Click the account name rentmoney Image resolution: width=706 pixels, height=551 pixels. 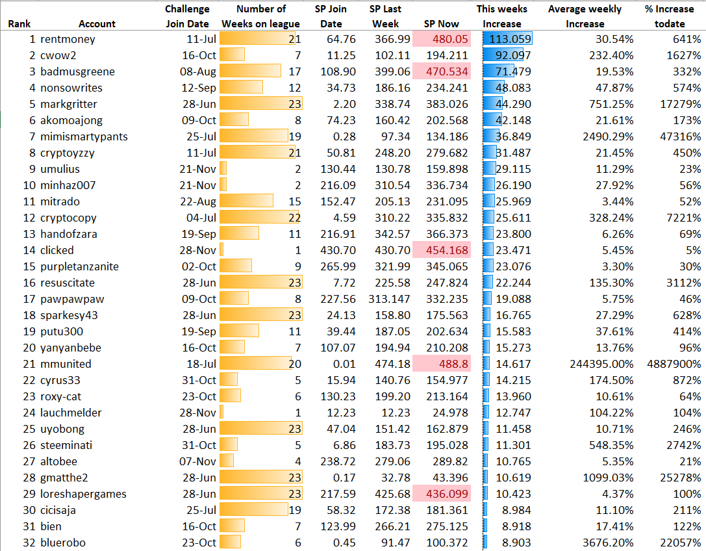[68, 39]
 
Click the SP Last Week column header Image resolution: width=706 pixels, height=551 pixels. [385, 17]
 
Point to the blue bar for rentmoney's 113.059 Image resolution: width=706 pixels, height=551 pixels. [507, 39]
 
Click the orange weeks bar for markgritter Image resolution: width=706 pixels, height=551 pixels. [260, 104]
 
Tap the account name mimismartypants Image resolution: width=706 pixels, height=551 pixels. [84, 136]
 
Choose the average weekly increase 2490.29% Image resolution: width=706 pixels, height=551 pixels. [608, 136]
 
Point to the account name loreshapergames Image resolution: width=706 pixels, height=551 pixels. [83, 494]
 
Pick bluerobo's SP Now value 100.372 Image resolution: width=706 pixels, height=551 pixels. [448, 543]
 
